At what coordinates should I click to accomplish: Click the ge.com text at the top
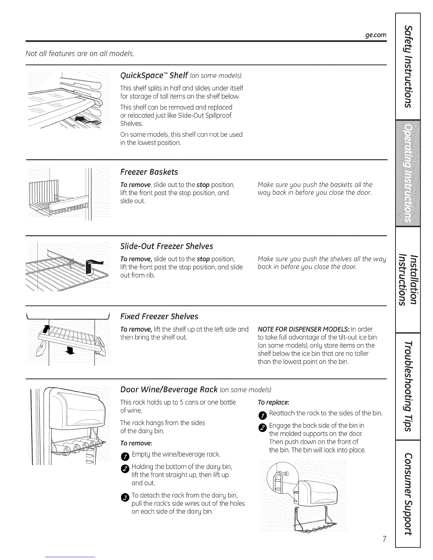[x=376, y=35]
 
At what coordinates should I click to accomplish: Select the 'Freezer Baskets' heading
[x=149, y=172]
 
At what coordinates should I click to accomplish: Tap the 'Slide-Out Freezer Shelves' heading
[x=167, y=246]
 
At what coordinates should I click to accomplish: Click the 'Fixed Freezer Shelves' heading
[x=159, y=316]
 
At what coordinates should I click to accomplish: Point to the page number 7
[x=384, y=539]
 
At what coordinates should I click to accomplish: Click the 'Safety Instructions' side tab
[x=408, y=66]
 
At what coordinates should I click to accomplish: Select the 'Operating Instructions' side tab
[x=408, y=173]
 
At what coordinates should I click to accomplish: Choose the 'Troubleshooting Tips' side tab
[x=408, y=386]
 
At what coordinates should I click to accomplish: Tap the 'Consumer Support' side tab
[x=408, y=494]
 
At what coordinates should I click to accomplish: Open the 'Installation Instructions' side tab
[x=408, y=280]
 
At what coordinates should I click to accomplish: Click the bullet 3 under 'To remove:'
[x=125, y=497]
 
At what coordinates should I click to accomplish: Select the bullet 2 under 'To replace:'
[x=262, y=428]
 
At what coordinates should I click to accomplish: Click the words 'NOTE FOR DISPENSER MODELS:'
[x=304, y=329]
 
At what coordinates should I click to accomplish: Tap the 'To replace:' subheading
[x=273, y=403]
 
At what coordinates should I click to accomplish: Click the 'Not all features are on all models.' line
[x=80, y=53]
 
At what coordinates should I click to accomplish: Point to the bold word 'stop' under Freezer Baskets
[x=203, y=185]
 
